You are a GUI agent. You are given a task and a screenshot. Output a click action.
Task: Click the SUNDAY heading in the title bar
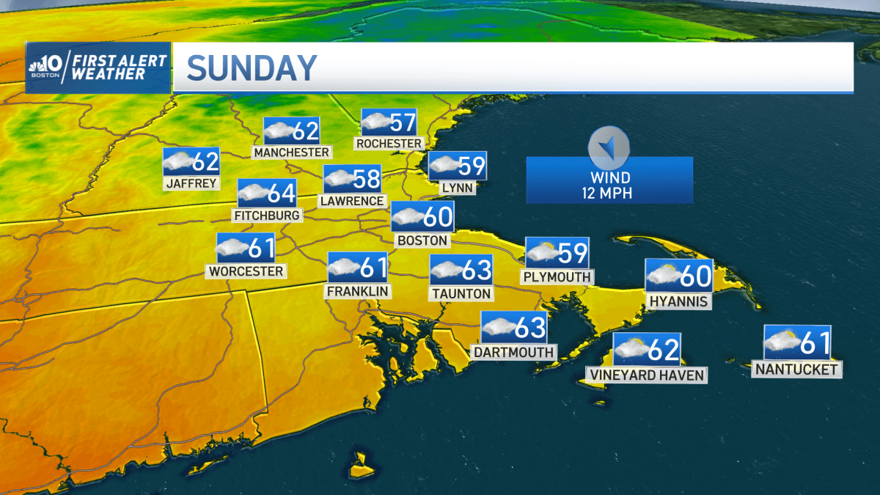pyautogui.click(x=252, y=68)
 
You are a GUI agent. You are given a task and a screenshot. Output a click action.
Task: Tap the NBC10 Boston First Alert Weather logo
pyautogui.click(x=98, y=67)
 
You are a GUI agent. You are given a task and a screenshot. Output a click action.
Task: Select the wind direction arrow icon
pyautogui.click(x=609, y=147)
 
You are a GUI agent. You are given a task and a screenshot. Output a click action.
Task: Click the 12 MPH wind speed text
pyautogui.click(x=609, y=194)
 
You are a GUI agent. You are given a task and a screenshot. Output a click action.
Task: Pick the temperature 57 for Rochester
pyautogui.click(x=403, y=122)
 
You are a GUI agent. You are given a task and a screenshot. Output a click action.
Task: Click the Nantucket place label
pyautogui.click(x=796, y=370)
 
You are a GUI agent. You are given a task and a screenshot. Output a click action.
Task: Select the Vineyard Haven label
pyautogui.click(x=646, y=375)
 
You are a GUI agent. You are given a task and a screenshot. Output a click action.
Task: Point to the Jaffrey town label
pyautogui.click(x=191, y=183)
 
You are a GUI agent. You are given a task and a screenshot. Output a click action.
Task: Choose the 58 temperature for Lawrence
pyautogui.click(x=367, y=179)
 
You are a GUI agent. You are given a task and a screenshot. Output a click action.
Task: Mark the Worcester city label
pyautogui.click(x=246, y=271)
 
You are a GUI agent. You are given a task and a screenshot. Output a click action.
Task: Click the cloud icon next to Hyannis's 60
pyautogui.click(x=662, y=276)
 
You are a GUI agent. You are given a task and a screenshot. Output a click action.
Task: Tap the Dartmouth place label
pyautogui.click(x=513, y=352)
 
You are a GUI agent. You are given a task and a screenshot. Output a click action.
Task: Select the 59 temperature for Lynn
pyautogui.click(x=471, y=166)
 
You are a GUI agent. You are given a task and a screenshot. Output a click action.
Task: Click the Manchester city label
pyautogui.click(x=291, y=152)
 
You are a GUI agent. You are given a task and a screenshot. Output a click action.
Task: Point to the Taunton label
pyautogui.click(x=461, y=293)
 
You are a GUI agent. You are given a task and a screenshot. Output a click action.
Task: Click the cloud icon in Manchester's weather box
pyautogui.click(x=278, y=132)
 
